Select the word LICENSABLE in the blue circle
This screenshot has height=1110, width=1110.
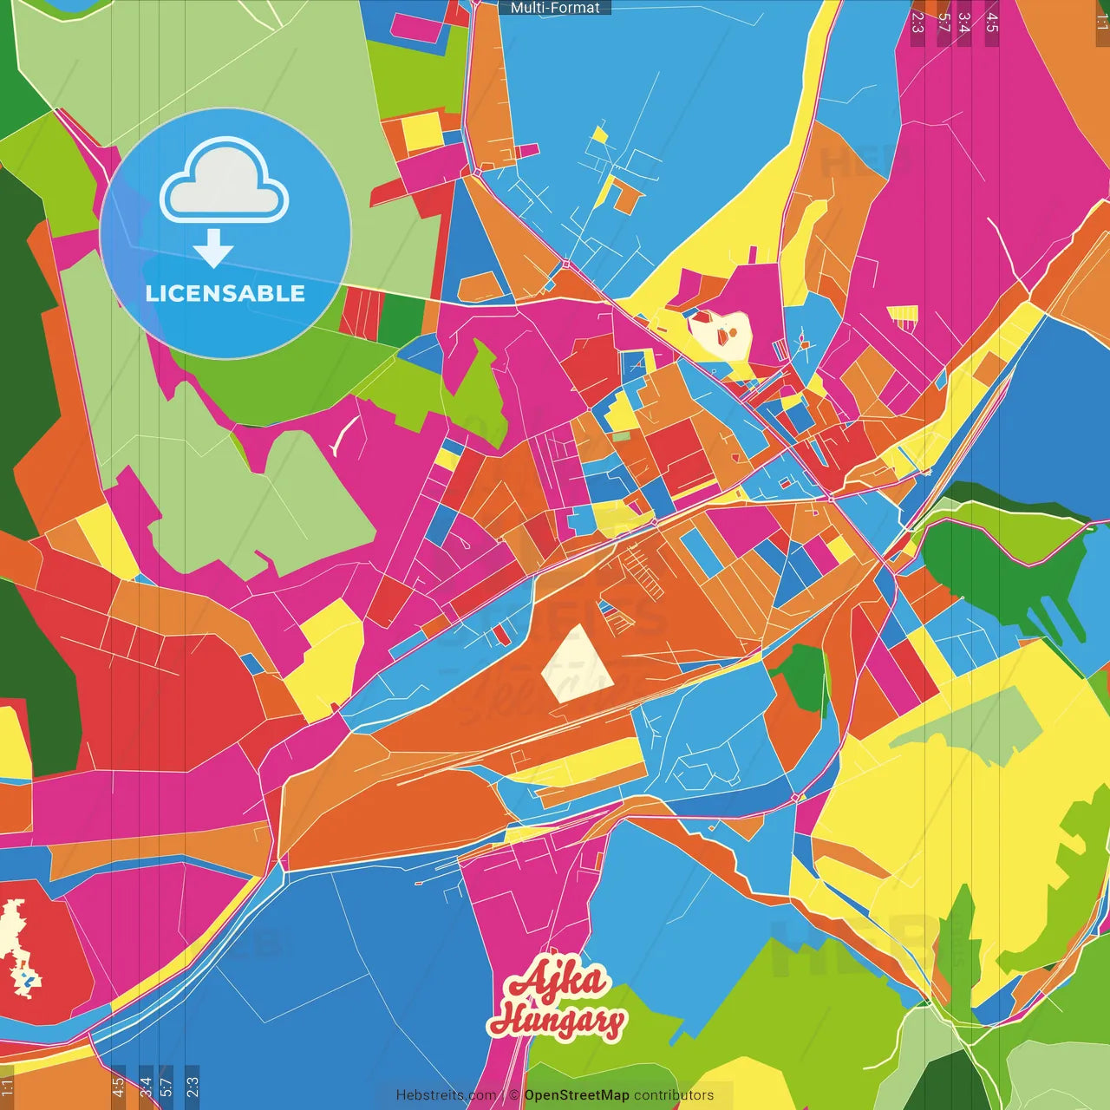coord(225,293)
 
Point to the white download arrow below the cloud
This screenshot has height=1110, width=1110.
coord(213,249)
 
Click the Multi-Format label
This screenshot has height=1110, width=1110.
coord(555,8)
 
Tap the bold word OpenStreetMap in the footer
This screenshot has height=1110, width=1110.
coord(577,1095)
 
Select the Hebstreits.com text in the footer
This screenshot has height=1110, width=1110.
coord(446,1095)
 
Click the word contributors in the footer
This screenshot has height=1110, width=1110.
coord(674,1095)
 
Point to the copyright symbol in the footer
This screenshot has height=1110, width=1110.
coord(513,1095)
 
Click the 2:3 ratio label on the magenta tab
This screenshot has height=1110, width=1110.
coord(917,23)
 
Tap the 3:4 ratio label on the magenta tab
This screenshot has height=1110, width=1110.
coord(963,23)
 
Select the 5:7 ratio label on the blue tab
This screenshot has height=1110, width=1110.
coord(166,1086)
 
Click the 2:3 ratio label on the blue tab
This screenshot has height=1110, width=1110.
coord(193,1086)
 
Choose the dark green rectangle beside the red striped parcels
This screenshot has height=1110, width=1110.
coord(400,319)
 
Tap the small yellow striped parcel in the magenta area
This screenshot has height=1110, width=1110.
coord(903,317)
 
